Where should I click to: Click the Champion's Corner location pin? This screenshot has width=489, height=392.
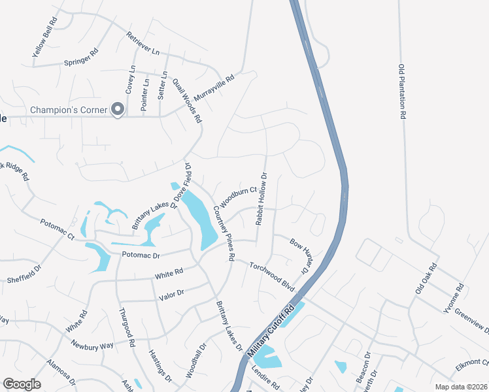pyautogui.click(x=118, y=109)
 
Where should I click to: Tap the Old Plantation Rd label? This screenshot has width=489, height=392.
pyautogui.click(x=403, y=91)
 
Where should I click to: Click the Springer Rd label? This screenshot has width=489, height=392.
pyautogui.click(x=81, y=57)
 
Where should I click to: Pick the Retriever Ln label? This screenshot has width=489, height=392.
pyautogui.click(x=143, y=43)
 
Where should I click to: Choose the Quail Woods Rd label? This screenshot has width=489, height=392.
pyautogui.click(x=187, y=101)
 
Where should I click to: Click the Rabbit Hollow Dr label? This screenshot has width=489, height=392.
pyautogui.click(x=262, y=199)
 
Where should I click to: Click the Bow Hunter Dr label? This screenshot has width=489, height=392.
pyautogui.click(x=299, y=256)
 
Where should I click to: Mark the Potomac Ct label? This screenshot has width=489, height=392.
pyautogui.click(x=57, y=229)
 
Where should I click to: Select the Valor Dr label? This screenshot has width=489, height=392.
pyautogui.click(x=172, y=295)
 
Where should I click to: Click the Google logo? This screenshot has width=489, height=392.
pyautogui.click(x=22, y=384)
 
